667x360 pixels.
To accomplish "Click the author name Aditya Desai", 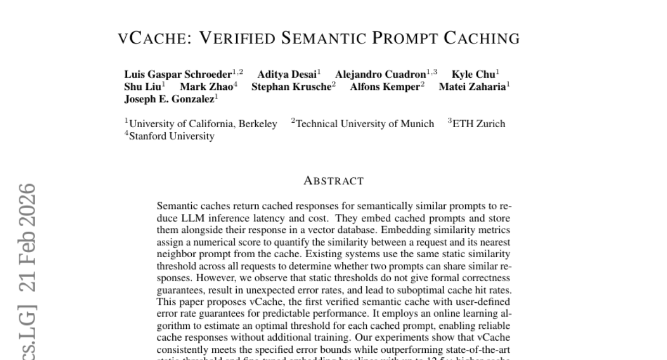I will [x=287, y=74].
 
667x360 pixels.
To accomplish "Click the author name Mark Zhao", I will [x=206, y=87].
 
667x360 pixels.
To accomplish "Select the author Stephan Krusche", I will [x=291, y=87].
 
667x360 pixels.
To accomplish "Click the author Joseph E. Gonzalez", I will [x=169, y=99].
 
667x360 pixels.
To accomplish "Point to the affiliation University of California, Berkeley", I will [x=203, y=124].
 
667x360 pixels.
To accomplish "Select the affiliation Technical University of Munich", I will [x=365, y=124].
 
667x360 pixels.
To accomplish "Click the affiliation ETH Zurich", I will [x=479, y=124].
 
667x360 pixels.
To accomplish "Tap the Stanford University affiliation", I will [x=171, y=136].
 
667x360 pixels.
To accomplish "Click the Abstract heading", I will [x=333, y=181].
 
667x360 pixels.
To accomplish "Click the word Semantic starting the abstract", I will [x=174, y=206].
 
